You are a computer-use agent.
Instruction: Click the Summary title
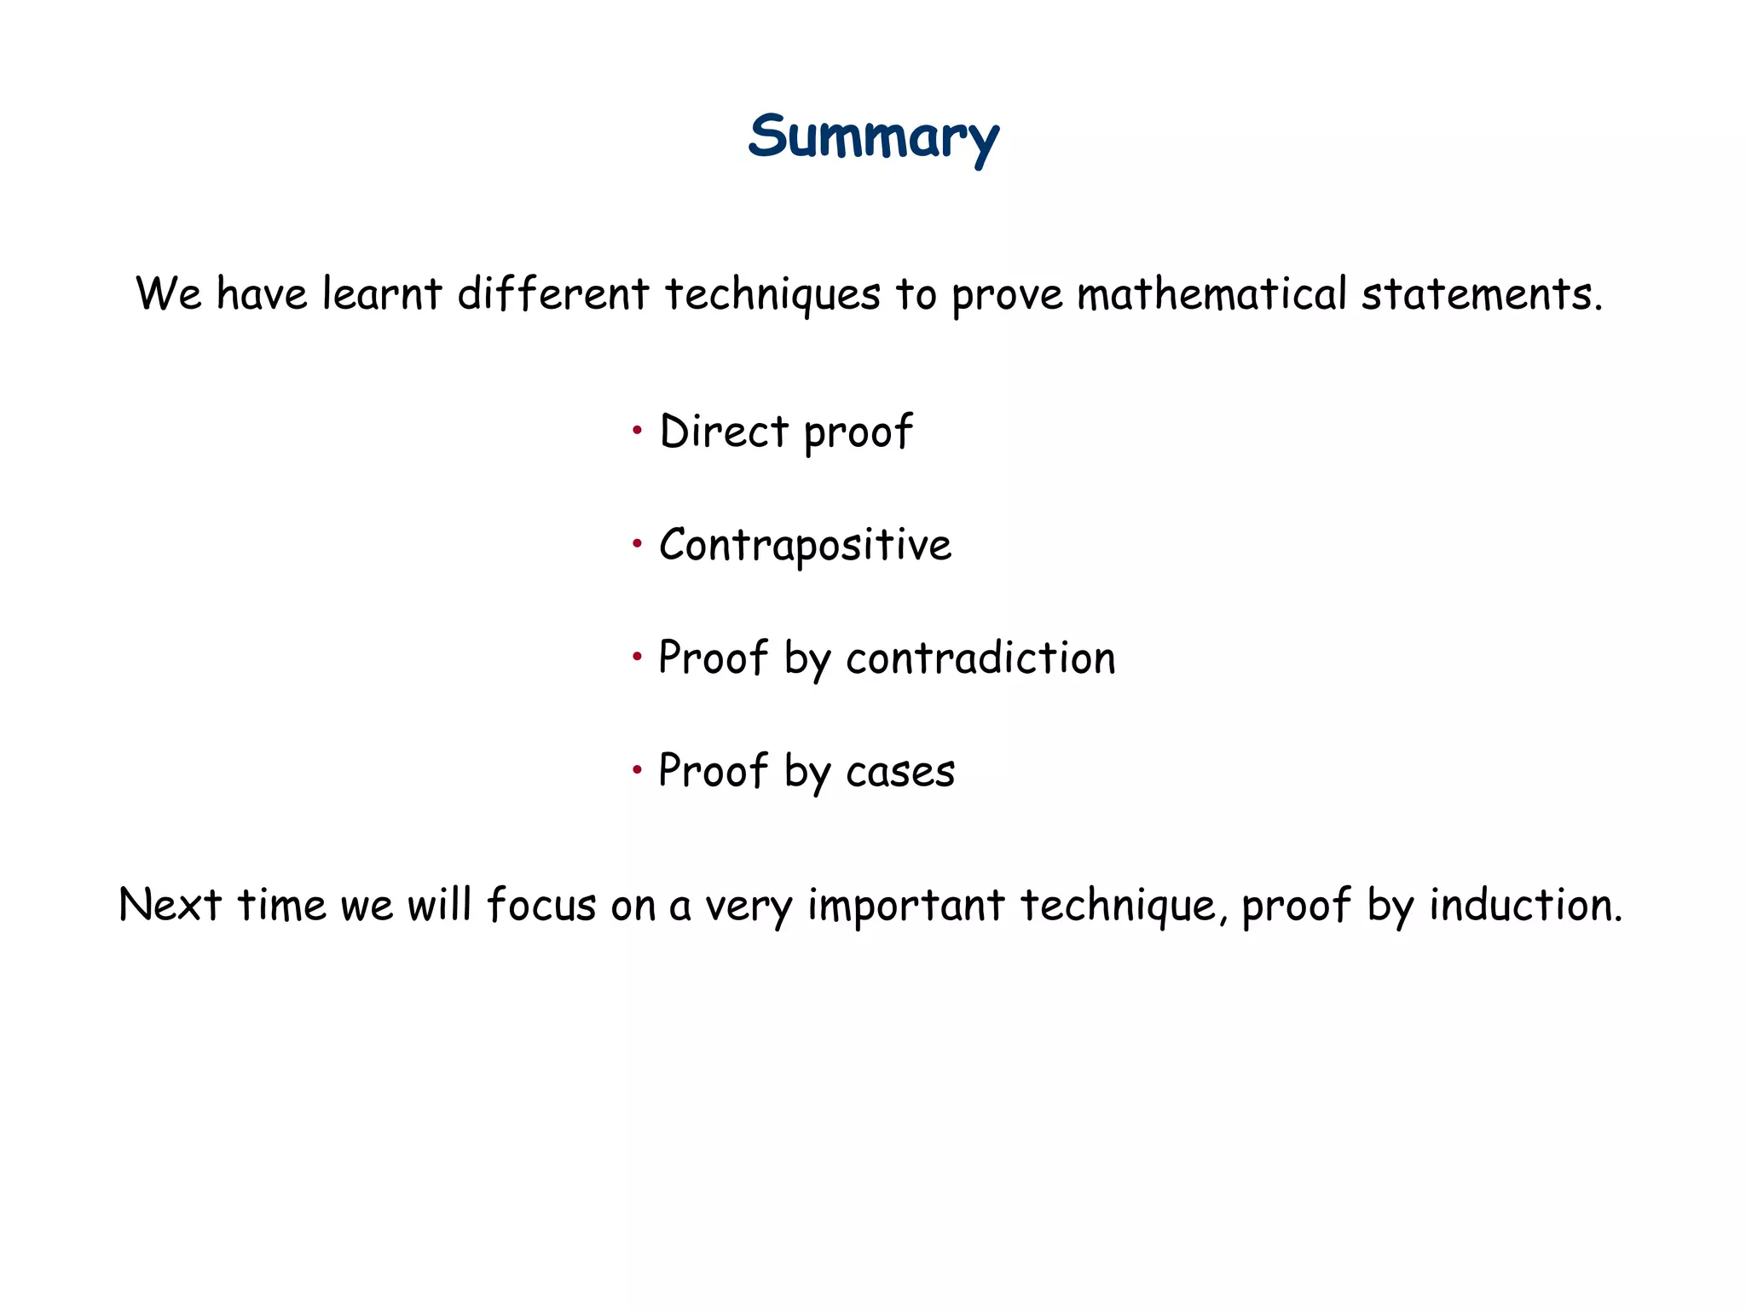coord(873,138)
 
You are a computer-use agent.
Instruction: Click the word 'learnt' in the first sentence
coord(381,294)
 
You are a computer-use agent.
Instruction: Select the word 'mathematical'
coord(1211,294)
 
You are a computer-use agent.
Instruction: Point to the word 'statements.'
coord(1482,294)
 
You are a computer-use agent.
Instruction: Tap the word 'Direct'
coord(724,432)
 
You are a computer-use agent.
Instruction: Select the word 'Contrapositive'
coord(805,545)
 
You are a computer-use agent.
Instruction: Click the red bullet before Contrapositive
coord(637,543)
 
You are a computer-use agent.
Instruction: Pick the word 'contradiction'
coord(980,658)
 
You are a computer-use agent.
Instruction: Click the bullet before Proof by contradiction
coord(637,657)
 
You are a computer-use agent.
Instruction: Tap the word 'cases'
coord(900,772)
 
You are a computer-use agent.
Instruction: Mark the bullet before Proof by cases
coord(637,770)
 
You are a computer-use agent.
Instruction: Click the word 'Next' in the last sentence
coord(170,905)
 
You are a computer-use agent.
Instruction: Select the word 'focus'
coord(541,905)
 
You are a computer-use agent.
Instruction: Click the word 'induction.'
coord(1525,905)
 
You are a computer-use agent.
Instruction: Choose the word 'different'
coord(552,294)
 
